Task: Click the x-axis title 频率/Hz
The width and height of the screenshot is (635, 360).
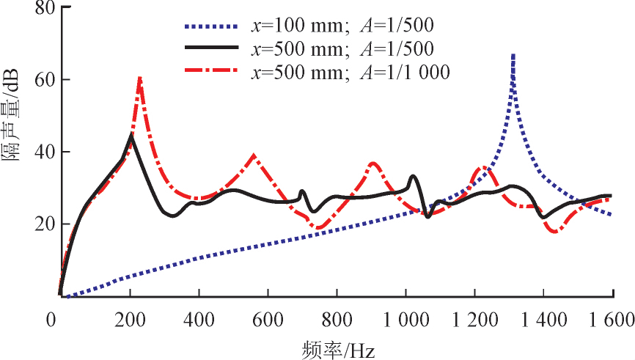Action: coord(338,348)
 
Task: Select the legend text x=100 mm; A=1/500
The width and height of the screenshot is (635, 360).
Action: coord(342,26)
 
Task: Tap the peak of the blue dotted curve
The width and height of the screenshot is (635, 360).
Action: coord(513,54)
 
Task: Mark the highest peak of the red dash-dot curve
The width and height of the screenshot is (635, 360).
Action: coord(139,77)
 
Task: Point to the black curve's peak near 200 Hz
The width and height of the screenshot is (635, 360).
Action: coord(131,135)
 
